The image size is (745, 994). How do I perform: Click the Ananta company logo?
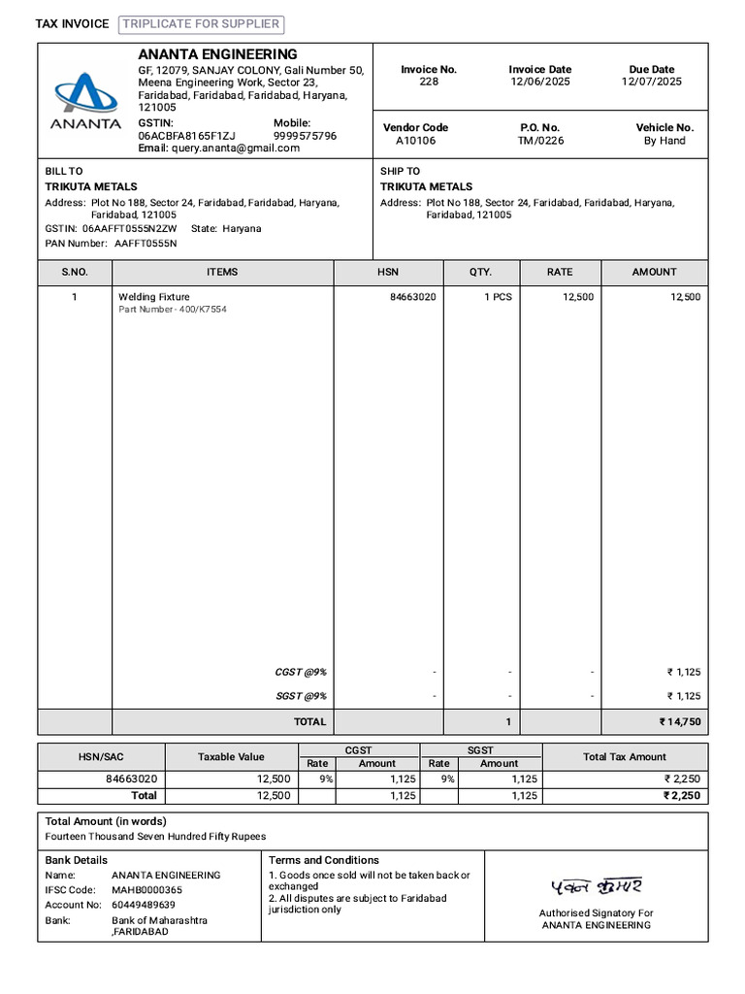click(x=86, y=99)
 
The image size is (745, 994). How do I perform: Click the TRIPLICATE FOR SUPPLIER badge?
click(x=202, y=24)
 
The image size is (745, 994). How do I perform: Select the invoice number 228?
click(x=429, y=83)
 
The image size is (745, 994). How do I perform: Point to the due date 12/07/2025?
click(x=651, y=83)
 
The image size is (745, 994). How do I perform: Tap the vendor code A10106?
click(x=415, y=141)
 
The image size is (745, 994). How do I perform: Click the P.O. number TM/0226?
click(x=540, y=141)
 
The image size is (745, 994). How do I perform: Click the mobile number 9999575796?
click(x=305, y=136)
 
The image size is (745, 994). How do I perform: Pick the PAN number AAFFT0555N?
click(x=146, y=244)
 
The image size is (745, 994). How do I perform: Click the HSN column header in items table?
click(x=388, y=272)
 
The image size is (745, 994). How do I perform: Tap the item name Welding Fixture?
click(x=154, y=297)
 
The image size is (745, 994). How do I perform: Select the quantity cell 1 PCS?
click(x=498, y=297)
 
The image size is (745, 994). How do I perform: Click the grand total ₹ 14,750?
click(x=679, y=722)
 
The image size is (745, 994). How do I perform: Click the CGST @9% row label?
click(x=301, y=672)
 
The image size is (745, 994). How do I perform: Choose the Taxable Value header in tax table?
click(x=231, y=757)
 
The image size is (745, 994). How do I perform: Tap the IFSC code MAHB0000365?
click(x=146, y=890)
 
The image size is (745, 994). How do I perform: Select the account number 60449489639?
click(x=144, y=905)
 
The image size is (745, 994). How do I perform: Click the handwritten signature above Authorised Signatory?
click(x=596, y=885)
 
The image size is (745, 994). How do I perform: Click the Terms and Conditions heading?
click(x=323, y=860)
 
